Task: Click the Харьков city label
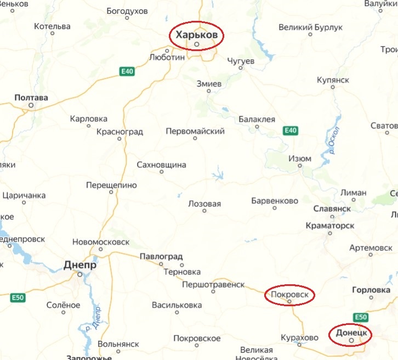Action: [x=197, y=35]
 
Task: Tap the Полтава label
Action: [x=31, y=98]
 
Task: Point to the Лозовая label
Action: [x=204, y=204]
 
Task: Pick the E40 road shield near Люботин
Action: [x=128, y=71]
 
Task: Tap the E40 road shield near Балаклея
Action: [x=291, y=131]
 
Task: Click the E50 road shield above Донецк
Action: [x=360, y=317]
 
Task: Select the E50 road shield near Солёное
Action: [x=18, y=297]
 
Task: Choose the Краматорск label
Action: [x=330, y=226]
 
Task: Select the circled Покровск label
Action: [x=290, y=295]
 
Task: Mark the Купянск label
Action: [x=333, y=80]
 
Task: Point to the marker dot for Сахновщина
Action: [x=161, y=172]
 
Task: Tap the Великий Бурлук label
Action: [x=310, y=27]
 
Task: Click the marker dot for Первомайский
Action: [x=195, y=138]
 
